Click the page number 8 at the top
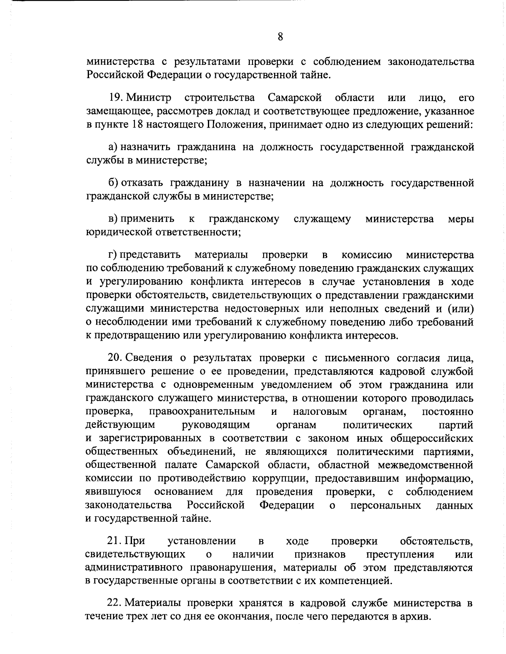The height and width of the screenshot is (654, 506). (x=280, y=37)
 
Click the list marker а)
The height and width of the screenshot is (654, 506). (x=113, y=147)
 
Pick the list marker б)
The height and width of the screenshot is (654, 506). (x=113, y=183)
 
